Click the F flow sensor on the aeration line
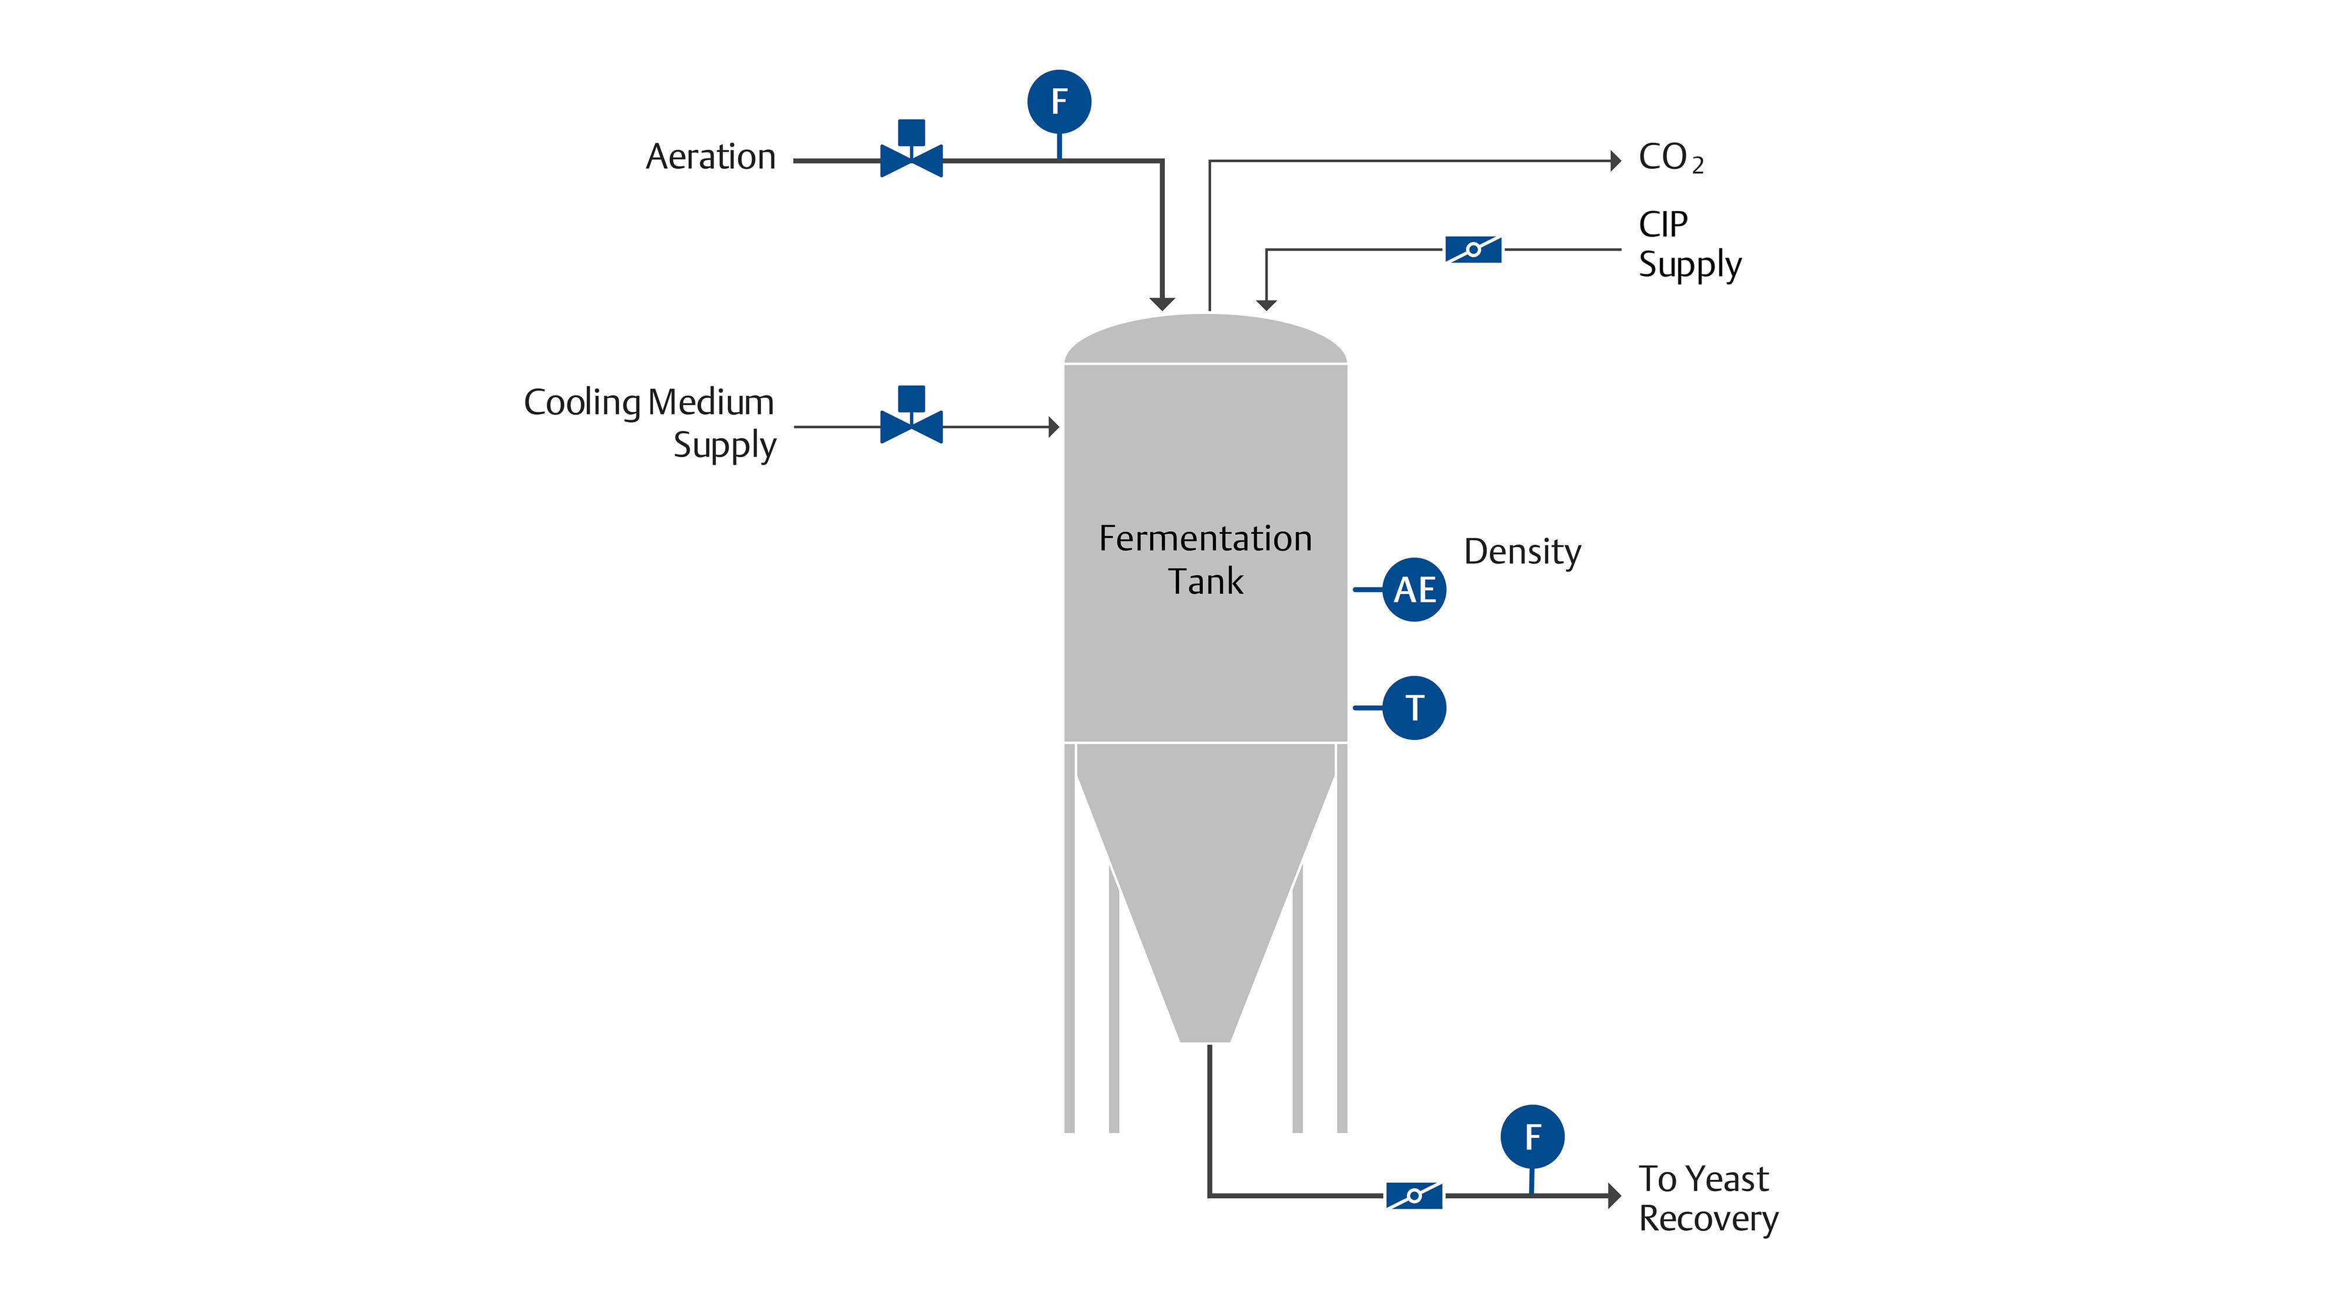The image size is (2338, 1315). click(x=1059, y=102)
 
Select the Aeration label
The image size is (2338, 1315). click(x=711, y=157)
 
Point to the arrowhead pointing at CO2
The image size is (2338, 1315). click(x=1616, y=161)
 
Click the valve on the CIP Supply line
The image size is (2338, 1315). click(x=1472, y=250)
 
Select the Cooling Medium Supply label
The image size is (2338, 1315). click(x=650, y=423)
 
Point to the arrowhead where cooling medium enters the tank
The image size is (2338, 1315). click(x=1054, y=427)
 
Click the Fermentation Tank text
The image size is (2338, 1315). click(x=1205, y=559)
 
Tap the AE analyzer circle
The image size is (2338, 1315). click(x=1414, y=590)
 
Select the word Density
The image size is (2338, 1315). click(x=1522, y=552)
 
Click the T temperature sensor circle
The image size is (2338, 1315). click(x=1414, y=708)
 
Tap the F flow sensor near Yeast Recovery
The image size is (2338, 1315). click(x=1532, y=1136)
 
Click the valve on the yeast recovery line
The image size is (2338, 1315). click(x=1413, y=1195)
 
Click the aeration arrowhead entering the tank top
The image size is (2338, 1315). click(x=1162, y=303)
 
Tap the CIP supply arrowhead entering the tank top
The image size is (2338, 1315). click(x=1266, y=305)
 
